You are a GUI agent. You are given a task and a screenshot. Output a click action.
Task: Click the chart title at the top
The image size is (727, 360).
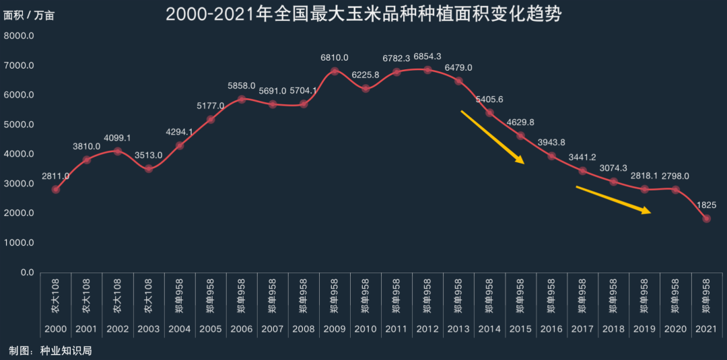(x=363, y=14)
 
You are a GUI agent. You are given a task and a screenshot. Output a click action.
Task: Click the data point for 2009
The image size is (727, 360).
(x=335, y=71)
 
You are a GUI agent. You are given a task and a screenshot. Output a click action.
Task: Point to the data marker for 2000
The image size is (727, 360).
(x=56, y=189)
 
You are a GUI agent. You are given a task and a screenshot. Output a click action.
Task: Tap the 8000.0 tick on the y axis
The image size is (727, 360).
(x=20, y=36)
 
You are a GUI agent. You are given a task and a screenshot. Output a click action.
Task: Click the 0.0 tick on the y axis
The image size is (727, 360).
(x=27, y=273)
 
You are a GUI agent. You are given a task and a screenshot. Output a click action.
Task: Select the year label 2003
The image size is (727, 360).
(x=149, y=329)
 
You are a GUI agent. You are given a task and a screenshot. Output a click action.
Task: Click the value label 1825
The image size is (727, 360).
(x=706, y=205)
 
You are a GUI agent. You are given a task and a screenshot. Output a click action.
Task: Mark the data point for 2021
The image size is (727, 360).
(x=706, y=218)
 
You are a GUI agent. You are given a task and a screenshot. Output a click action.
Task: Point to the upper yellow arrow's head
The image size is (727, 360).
(x=522, y=161)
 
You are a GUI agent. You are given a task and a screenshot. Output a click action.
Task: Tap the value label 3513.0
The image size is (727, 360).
(x=149, y=155)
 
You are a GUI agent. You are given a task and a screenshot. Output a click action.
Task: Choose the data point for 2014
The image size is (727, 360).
(x=489, y=112)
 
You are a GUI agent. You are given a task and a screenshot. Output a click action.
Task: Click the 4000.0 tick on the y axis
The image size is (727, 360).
(x=20, y=154)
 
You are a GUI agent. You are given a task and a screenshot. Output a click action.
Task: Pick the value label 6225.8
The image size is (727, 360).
(x=366, y=75)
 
